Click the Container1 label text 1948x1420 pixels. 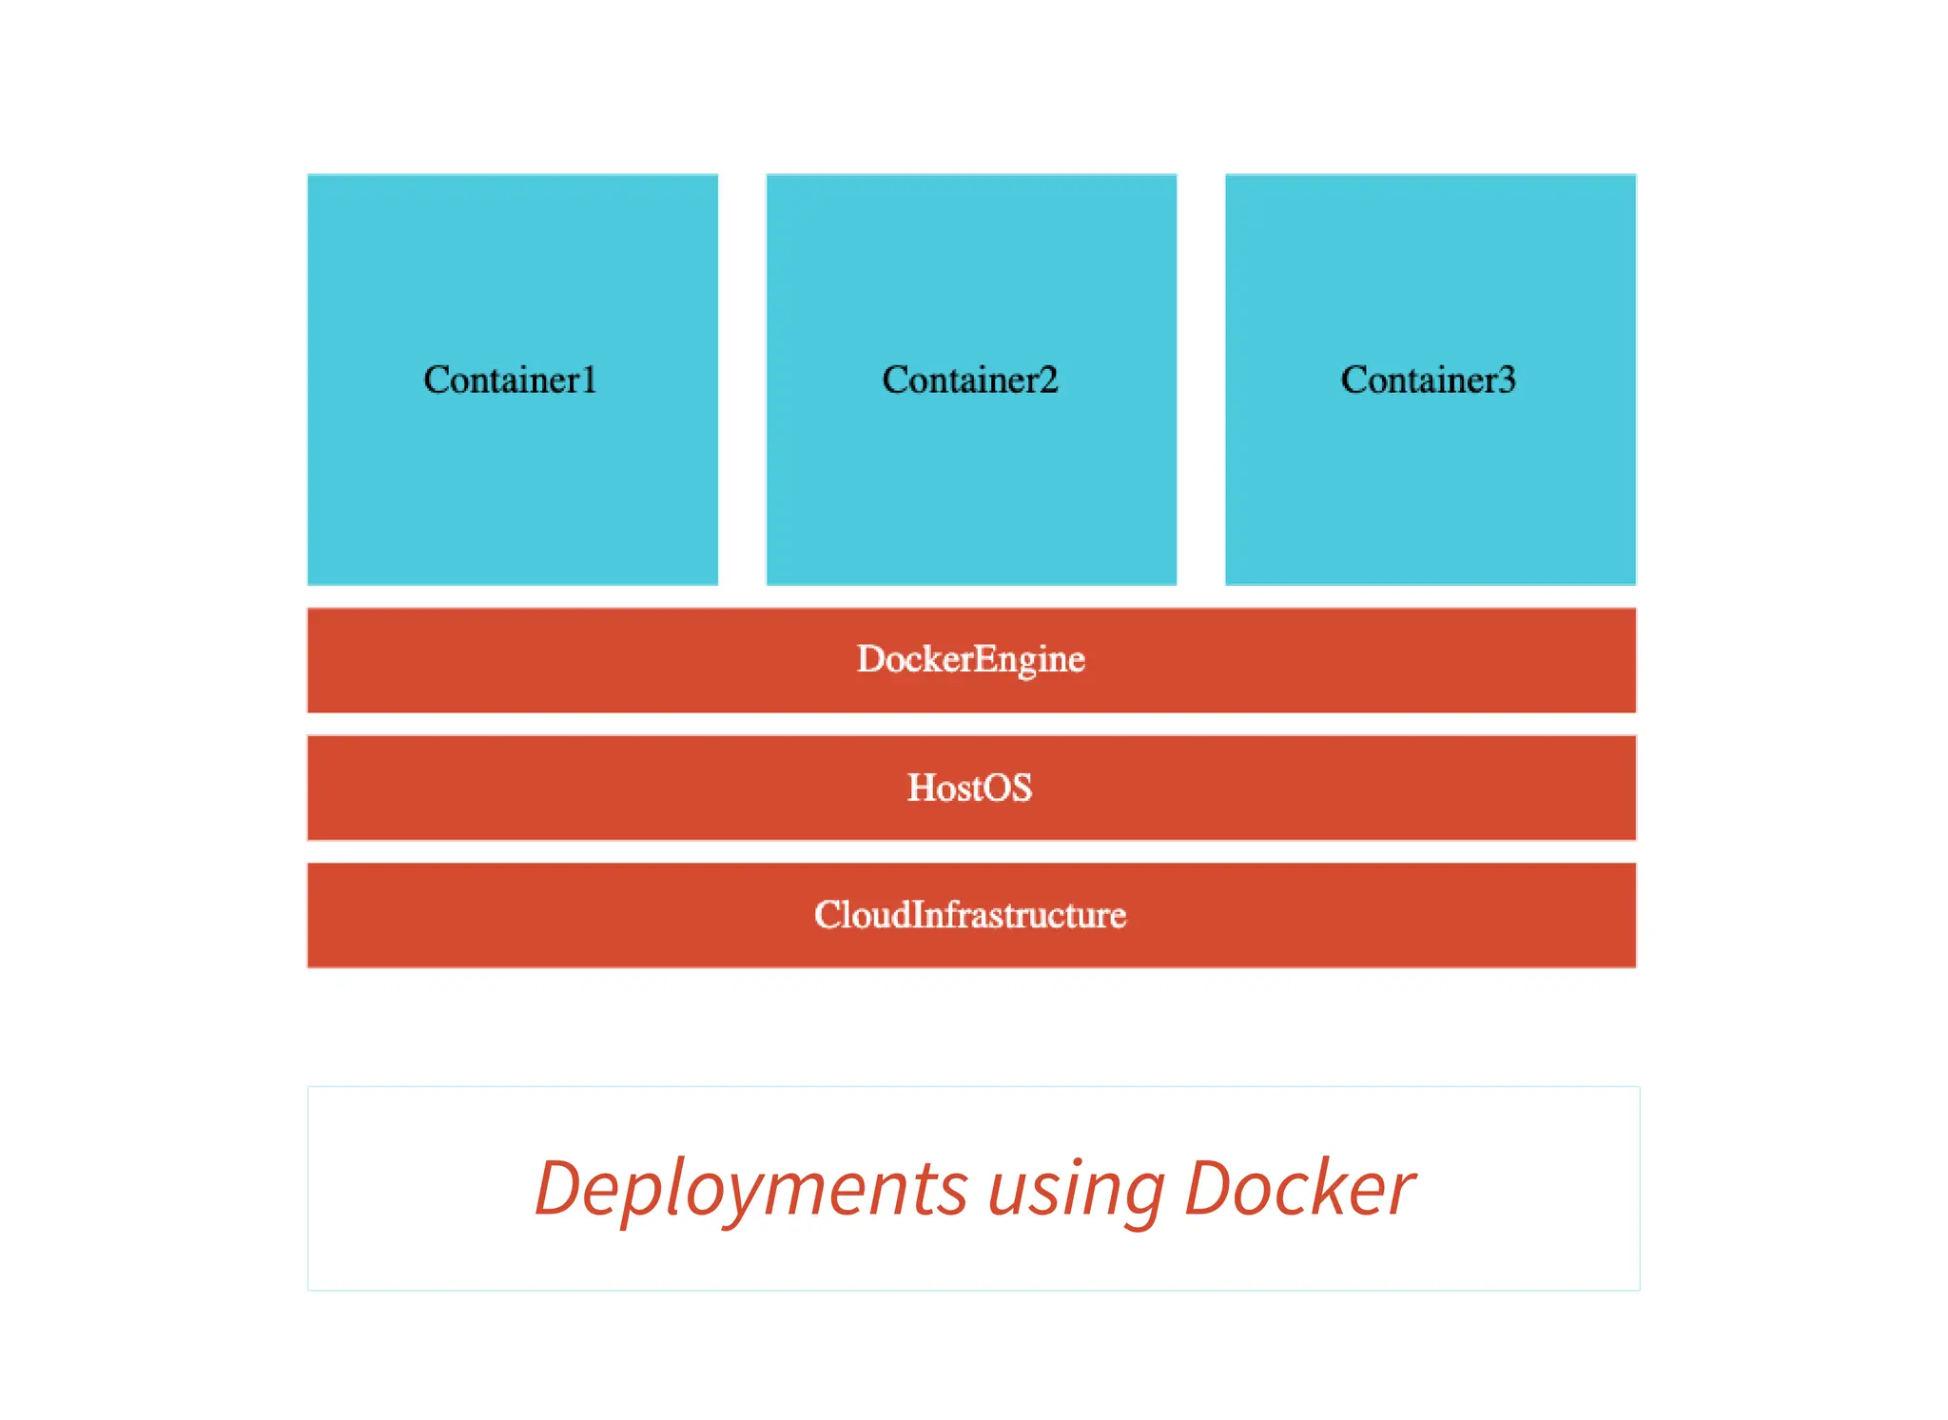pos(510,379)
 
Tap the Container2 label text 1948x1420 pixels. pos(969,379)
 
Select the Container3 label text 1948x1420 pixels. pos(1428,379)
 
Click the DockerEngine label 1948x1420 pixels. pos(970,659)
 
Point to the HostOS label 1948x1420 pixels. pos(969,788)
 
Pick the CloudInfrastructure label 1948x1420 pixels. pos(970,915)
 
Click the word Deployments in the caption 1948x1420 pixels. pos(750,1189)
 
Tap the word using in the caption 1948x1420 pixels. pos(1076,1191)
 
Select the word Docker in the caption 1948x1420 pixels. pos(1298,1189)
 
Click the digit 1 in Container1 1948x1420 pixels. pos(589,379)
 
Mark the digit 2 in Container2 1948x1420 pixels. pos(1047,379)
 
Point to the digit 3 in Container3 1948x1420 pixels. pos(1507,379)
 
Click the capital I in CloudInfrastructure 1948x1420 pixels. pos(918,914)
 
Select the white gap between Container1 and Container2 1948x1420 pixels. pos(742,379)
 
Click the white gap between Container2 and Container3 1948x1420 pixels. pos(1200,379)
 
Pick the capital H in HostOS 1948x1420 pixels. pos(921,788)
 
